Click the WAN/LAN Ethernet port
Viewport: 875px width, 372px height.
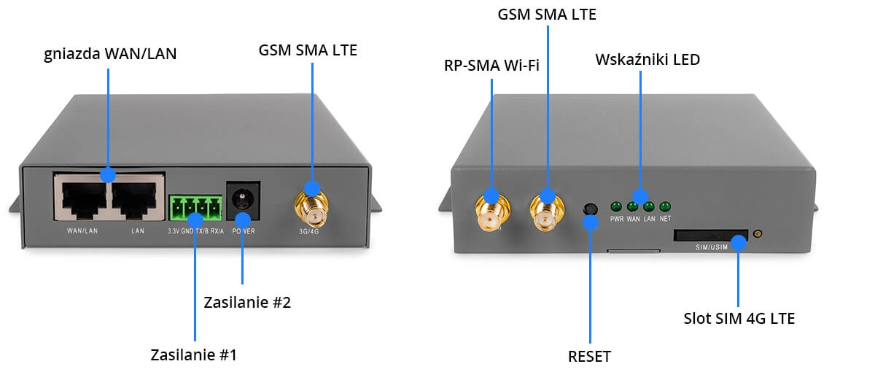[80, 200]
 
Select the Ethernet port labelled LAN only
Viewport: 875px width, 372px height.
[136, 200]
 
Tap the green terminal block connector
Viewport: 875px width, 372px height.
[195, 210]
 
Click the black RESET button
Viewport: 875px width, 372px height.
[589, 209]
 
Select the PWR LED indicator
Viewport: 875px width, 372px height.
[616, 206]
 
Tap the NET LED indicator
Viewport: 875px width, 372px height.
[664, 206]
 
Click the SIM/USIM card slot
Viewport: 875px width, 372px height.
[711, 236]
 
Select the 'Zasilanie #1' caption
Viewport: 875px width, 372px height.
[194, 355]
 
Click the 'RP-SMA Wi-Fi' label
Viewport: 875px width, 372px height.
[491, 66]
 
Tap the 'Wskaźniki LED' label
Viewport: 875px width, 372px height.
[647, 60]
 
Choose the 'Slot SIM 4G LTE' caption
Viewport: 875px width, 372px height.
[739, 319]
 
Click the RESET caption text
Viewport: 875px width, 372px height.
[589, 357]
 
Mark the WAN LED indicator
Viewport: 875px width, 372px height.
[633, 206]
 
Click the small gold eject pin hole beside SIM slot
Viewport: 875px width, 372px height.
[758, 234]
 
